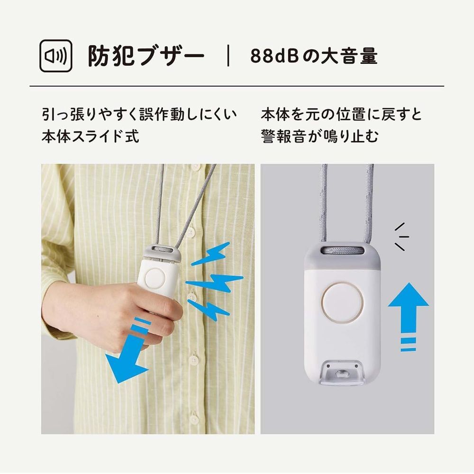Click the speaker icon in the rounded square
(55, 56)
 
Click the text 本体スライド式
(90, 137)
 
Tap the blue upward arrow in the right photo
(408, 310)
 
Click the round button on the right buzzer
(342, 302)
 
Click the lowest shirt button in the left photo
(194, 419)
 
